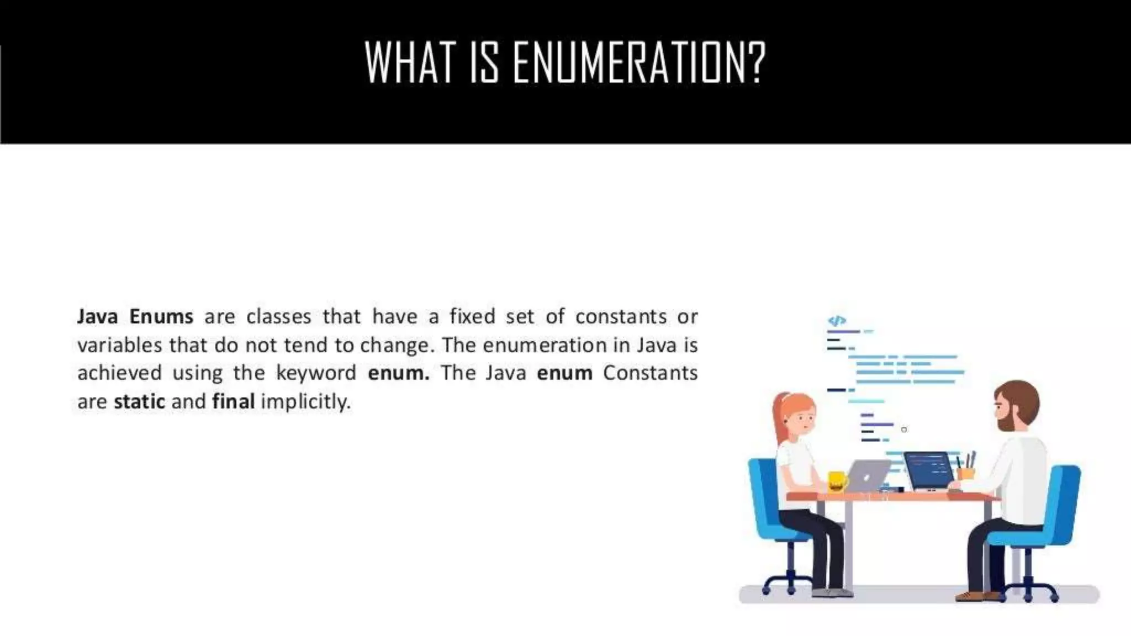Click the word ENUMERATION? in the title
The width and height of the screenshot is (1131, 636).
click(x=640, y=62)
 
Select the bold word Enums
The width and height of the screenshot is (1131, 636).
click(x=161, y=316)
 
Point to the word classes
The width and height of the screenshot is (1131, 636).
click(x=278, y=316)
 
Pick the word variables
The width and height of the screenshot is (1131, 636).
click(x=119, y=345)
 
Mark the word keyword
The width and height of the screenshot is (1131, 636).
click(x=316, y=373)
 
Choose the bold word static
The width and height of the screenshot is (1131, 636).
click(x=139, y=401)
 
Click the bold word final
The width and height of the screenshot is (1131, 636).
click(x=233, y=401)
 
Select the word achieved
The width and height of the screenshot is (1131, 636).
click(x=119, y=373)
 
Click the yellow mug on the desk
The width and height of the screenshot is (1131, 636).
click(x=837, y=481)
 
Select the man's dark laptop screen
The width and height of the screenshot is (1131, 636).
click(x=929, y=469)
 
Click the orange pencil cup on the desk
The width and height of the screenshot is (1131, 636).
click(x=966, y=473)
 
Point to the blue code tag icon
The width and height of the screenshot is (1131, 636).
click(x=837, y=320)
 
